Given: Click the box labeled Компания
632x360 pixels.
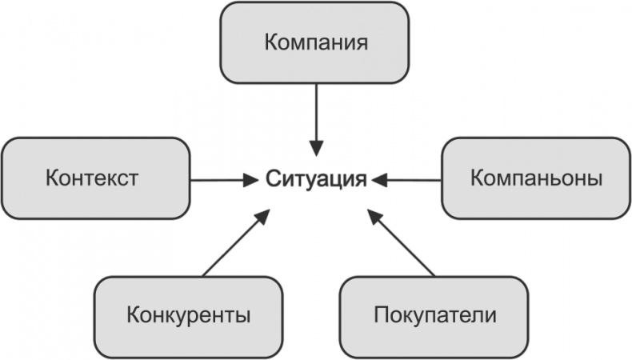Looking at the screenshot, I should (316, 42).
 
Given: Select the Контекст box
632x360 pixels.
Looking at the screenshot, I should (96, 178).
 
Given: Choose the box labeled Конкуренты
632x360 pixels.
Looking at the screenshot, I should (188, 314).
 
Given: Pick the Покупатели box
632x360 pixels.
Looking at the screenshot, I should (434, 314).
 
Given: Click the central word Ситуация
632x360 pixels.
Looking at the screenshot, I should (316, 178).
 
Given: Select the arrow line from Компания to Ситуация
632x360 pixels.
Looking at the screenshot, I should (317, 112).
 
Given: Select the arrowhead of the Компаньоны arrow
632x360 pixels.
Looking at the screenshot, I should (379, 180).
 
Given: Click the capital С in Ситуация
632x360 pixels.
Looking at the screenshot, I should (272, 178).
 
